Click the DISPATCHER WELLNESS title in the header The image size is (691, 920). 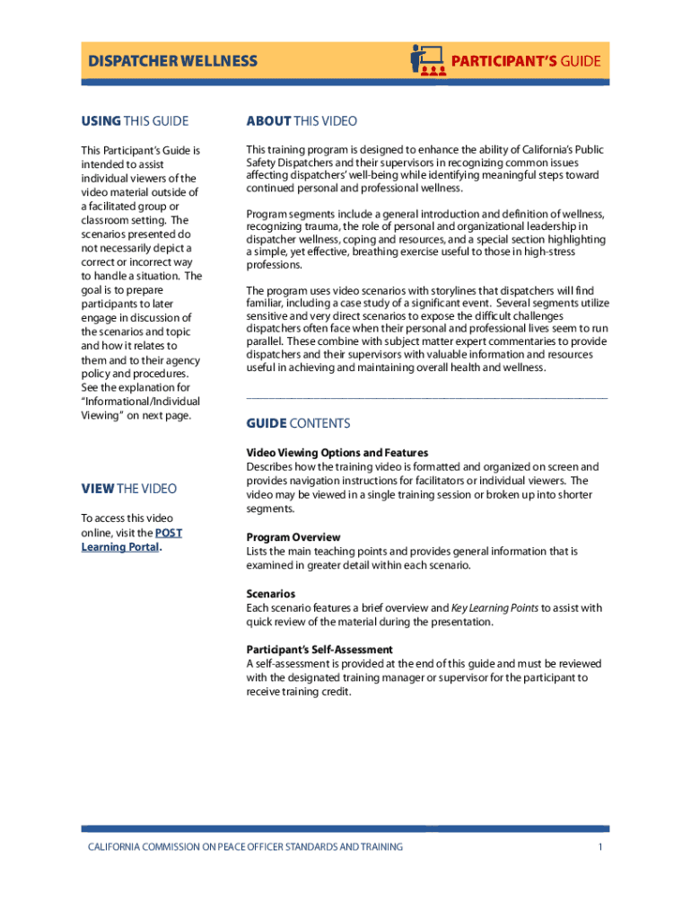[x=172, y=61]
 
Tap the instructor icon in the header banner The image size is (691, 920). [x=428, y=60]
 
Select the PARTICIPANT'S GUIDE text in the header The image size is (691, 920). [x=526, y=61]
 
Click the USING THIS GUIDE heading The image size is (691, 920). [x=135, y=121]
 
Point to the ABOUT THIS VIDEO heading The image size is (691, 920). [x=302, y=121]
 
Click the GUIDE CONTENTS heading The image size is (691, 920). [x=298, y=423]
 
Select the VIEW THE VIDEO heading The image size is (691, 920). [x=129, y=489]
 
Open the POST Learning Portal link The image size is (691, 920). [x=130, y=539]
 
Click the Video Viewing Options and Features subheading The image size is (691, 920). [x=337, y=453]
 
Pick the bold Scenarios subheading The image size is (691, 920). [x=271, y=594]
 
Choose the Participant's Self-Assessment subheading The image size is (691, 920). [x=319, y=650]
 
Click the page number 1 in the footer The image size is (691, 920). [x=599, y=846]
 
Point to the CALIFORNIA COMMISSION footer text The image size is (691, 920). [x=245, y=846]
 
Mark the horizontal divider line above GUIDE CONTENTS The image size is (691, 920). [x=427, y=396]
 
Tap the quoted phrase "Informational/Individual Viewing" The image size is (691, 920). [x=141, y=409]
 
